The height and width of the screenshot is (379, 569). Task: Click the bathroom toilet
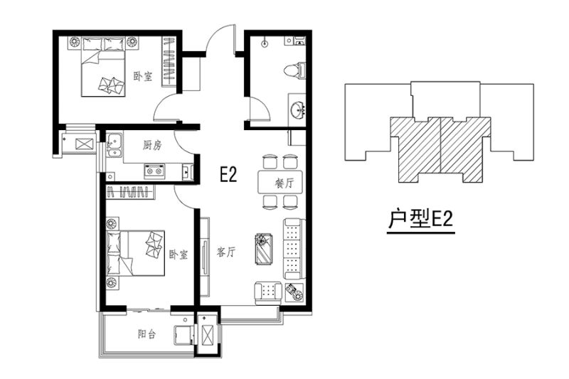click(296, 70)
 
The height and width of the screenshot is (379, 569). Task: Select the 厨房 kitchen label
click(152, 146)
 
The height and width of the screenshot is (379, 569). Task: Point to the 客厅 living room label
click(226, 252)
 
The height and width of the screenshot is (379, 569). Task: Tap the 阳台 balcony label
click(147, 333)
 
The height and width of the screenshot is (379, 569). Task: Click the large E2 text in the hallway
click(228, 174)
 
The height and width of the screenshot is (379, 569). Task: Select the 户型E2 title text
click(420, 219)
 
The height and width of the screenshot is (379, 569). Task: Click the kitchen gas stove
click(154, 171)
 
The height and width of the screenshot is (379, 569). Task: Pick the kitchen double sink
click(115, 146)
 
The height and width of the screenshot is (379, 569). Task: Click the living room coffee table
click(265, 249)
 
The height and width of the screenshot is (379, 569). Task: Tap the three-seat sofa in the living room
click(293, 249)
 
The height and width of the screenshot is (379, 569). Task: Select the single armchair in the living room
click(269, 292)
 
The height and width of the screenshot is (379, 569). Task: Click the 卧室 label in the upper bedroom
click(143, 77)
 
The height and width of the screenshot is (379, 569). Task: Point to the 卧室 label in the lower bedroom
click(179, 255)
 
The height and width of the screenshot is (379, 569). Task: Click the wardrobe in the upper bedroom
click(169, 62)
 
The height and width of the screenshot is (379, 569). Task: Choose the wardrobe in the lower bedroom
click(130, 192)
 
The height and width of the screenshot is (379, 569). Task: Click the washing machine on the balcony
click(184, 335)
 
